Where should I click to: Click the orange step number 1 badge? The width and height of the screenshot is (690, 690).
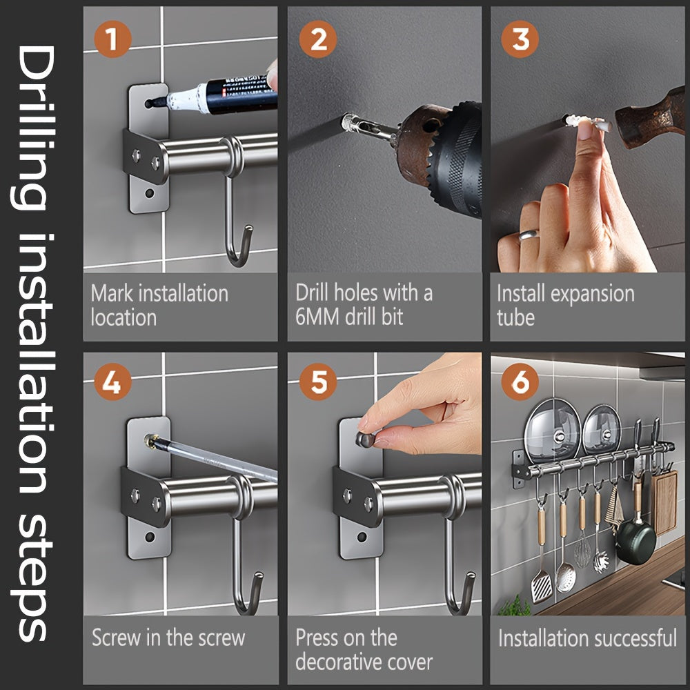click(112, 39)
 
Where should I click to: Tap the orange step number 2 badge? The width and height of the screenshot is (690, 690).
click(317, 39)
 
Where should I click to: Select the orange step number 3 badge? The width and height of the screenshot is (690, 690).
click(520, 39)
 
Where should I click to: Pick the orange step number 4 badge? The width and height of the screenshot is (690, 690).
click(112, 382)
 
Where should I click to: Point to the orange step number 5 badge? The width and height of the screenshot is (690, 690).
click(317, 382)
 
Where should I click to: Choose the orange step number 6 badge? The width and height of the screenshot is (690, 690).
click(520, 382)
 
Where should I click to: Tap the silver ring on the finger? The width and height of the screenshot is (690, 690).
click(528, 235)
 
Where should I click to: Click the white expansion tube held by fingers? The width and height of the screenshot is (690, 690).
click(587, 122)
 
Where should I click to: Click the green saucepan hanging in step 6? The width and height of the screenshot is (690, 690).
click(635, 542)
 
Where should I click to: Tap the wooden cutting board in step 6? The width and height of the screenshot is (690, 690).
click(665, 502)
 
